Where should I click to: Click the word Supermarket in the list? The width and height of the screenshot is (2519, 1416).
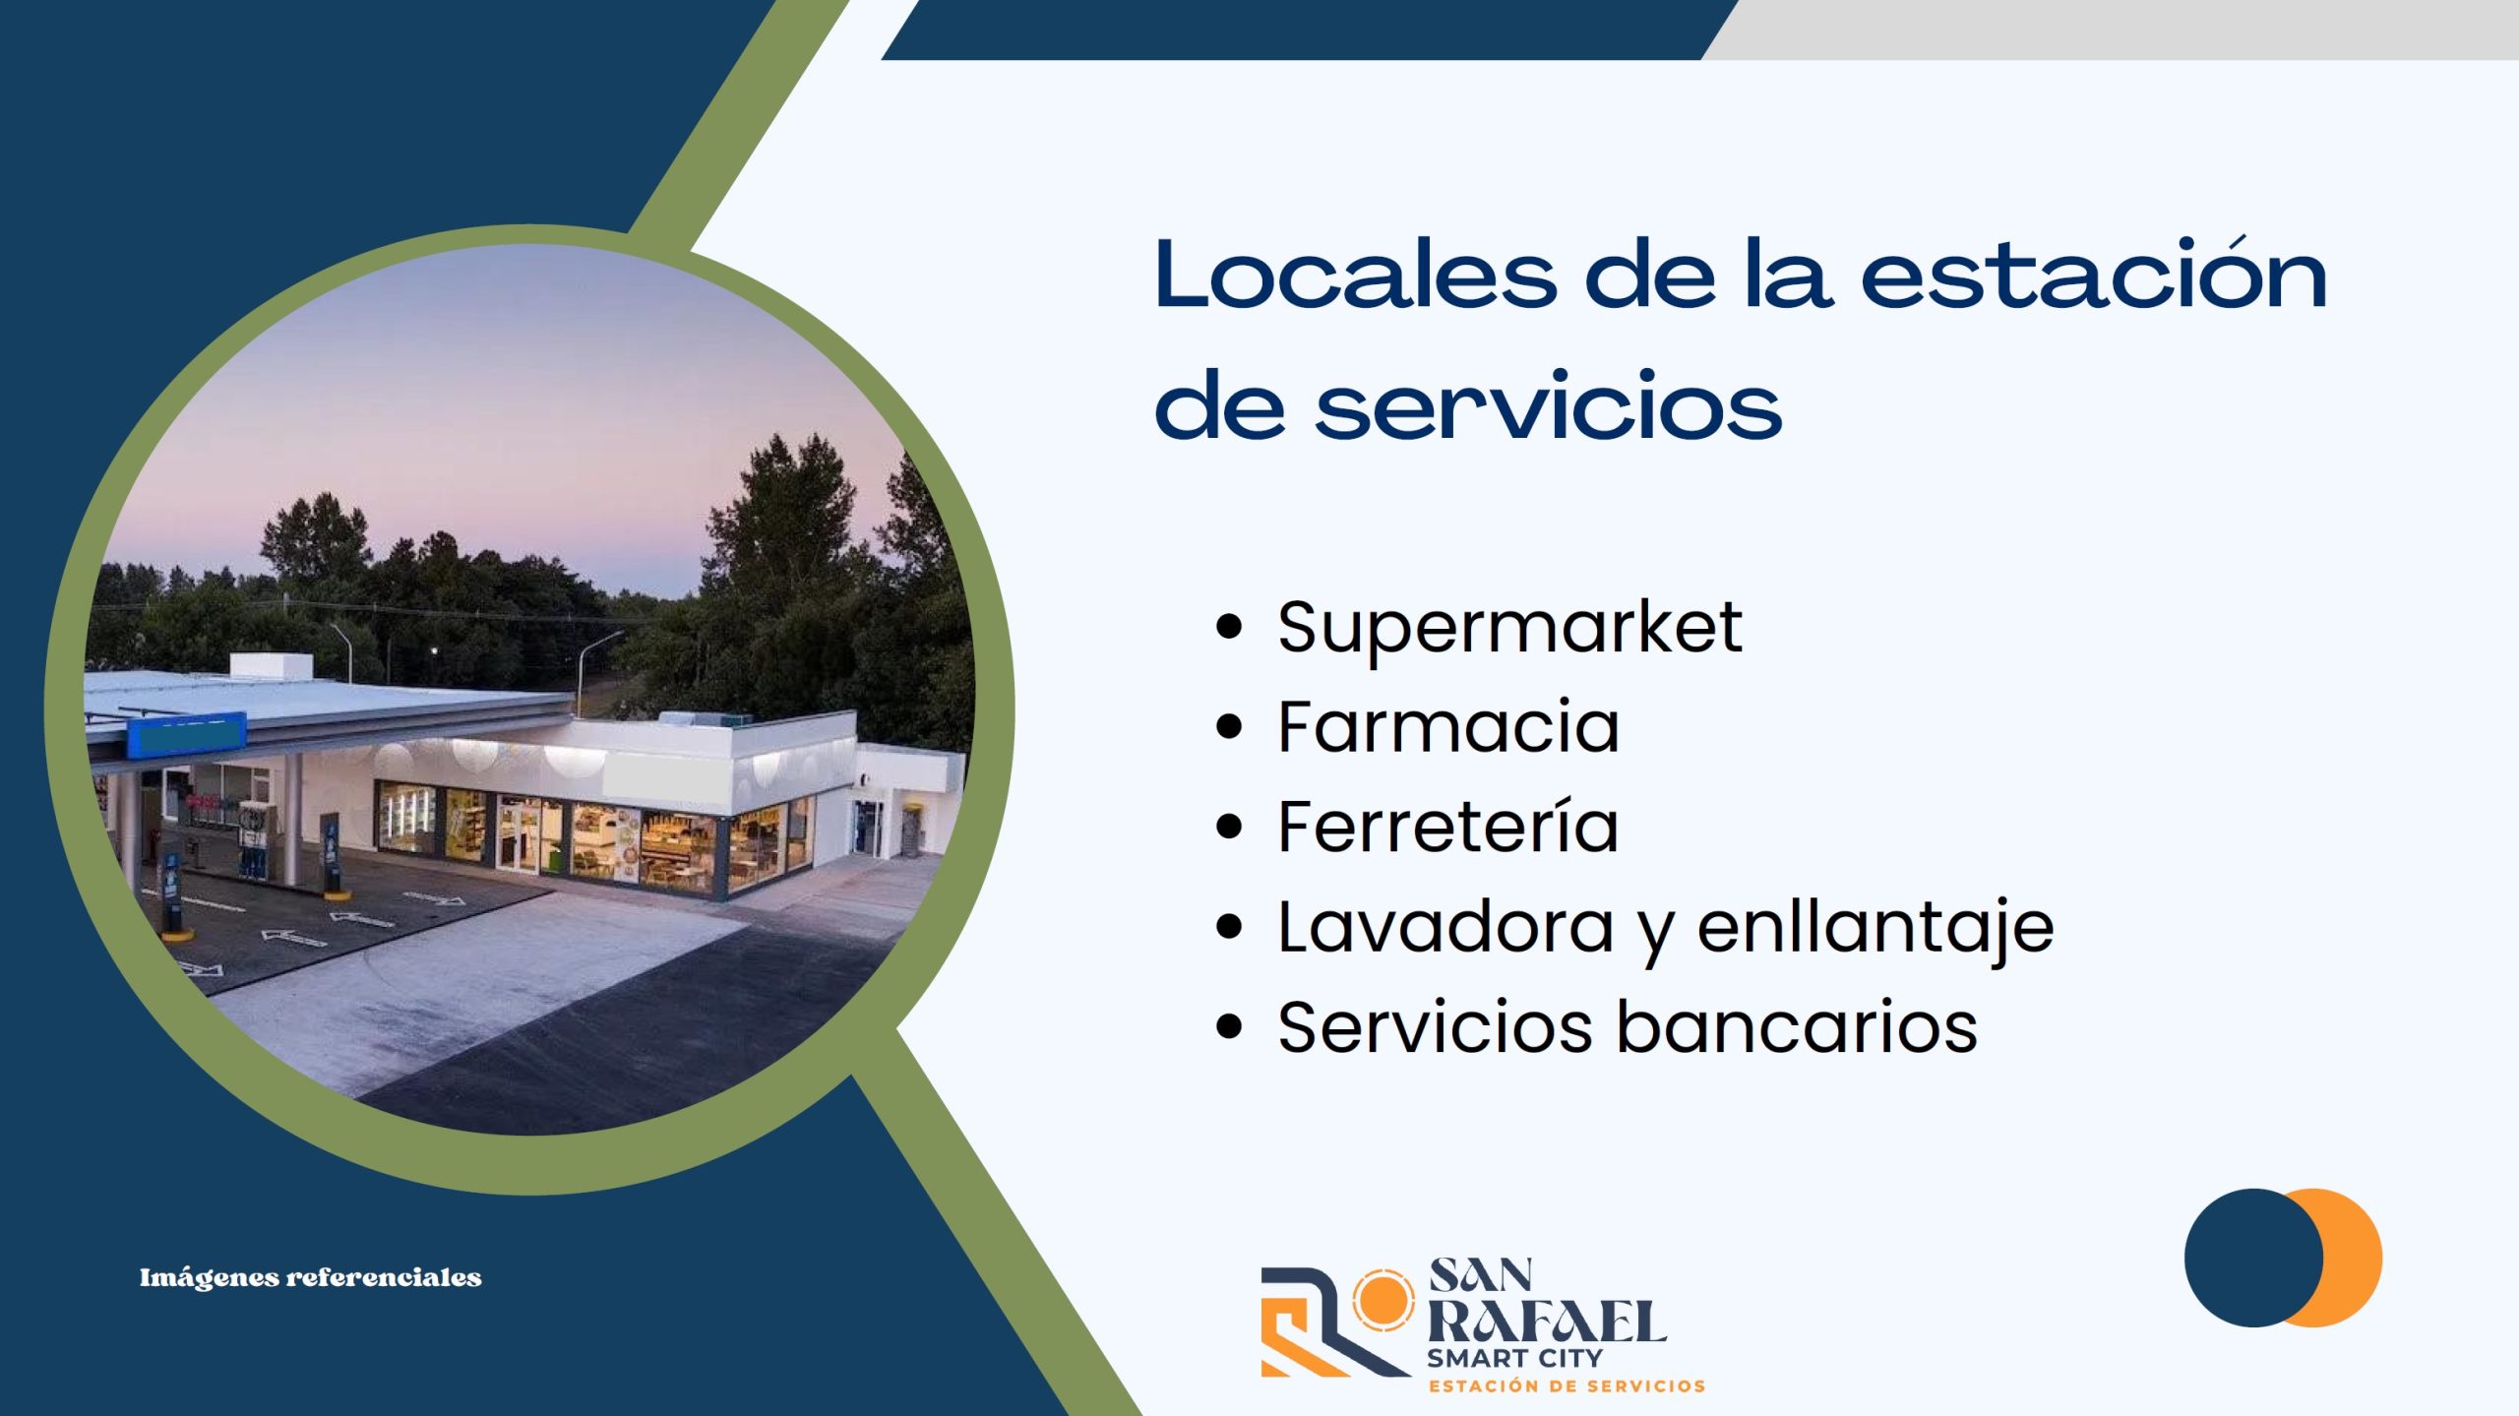[1509, 628]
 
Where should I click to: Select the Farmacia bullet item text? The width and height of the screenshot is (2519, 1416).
[1448, 726]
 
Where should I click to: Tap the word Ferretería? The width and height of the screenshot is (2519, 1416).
[1447, 826]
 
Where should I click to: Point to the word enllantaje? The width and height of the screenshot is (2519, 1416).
[1875, 928]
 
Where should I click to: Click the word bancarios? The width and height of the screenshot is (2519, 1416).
[1797, 1026]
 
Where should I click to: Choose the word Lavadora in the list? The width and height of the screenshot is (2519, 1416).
[1445, 927]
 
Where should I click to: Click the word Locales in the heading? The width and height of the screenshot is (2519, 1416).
[1356, 275]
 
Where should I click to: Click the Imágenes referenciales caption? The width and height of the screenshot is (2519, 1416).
[311, 1277]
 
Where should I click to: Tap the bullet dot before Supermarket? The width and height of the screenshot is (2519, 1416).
[1229, 628]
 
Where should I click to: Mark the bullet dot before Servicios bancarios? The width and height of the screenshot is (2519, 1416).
[1229, 1026]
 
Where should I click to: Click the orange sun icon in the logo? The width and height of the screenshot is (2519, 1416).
[1382, 1300]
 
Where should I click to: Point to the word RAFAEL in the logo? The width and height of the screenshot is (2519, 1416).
[1547, 1322]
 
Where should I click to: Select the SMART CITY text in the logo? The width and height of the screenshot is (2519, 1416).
[1515, 1358]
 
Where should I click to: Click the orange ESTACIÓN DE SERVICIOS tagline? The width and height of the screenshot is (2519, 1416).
[1567, 1385]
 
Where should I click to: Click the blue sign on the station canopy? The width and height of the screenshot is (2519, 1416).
[186, 735]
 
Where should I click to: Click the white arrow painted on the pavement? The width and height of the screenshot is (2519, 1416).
[293, 938]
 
